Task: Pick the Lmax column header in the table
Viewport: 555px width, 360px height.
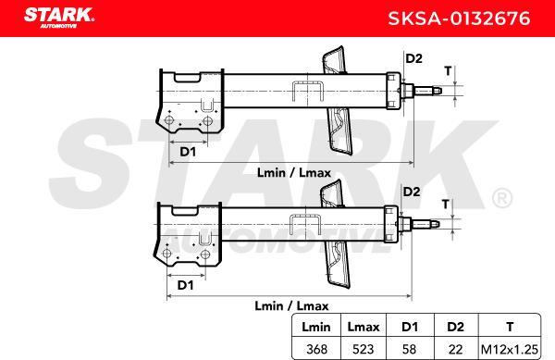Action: (x=362, y=327)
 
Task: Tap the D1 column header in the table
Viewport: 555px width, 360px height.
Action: (x=410, y=327)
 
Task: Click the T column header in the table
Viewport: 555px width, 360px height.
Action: (x=510, y=327)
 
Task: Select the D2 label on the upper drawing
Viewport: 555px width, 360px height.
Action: (x=413, y=60)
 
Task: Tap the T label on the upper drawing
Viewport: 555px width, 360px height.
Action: (x=448, y=70)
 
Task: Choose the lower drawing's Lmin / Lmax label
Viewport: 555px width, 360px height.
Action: (x=290, y=304)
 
